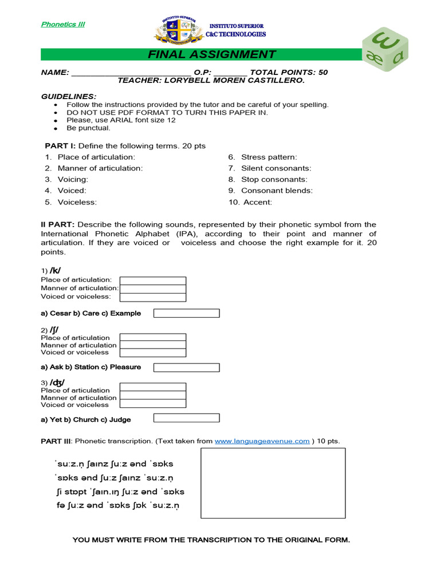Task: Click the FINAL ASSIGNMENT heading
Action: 211,55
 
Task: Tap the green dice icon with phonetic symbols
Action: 383,50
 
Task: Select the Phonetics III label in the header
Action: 63,24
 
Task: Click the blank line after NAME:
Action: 131,73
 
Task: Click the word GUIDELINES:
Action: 69,96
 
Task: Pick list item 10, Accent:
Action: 257,202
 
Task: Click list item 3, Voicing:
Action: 73,179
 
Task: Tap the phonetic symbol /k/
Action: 56,270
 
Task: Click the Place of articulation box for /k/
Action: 153,280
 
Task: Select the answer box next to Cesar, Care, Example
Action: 187,313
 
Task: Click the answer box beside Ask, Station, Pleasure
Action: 187,367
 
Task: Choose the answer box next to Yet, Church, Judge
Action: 187,418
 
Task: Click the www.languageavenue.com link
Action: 262,441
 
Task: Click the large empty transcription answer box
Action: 273,484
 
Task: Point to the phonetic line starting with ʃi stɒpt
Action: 120,492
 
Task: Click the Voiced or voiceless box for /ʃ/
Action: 153,353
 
